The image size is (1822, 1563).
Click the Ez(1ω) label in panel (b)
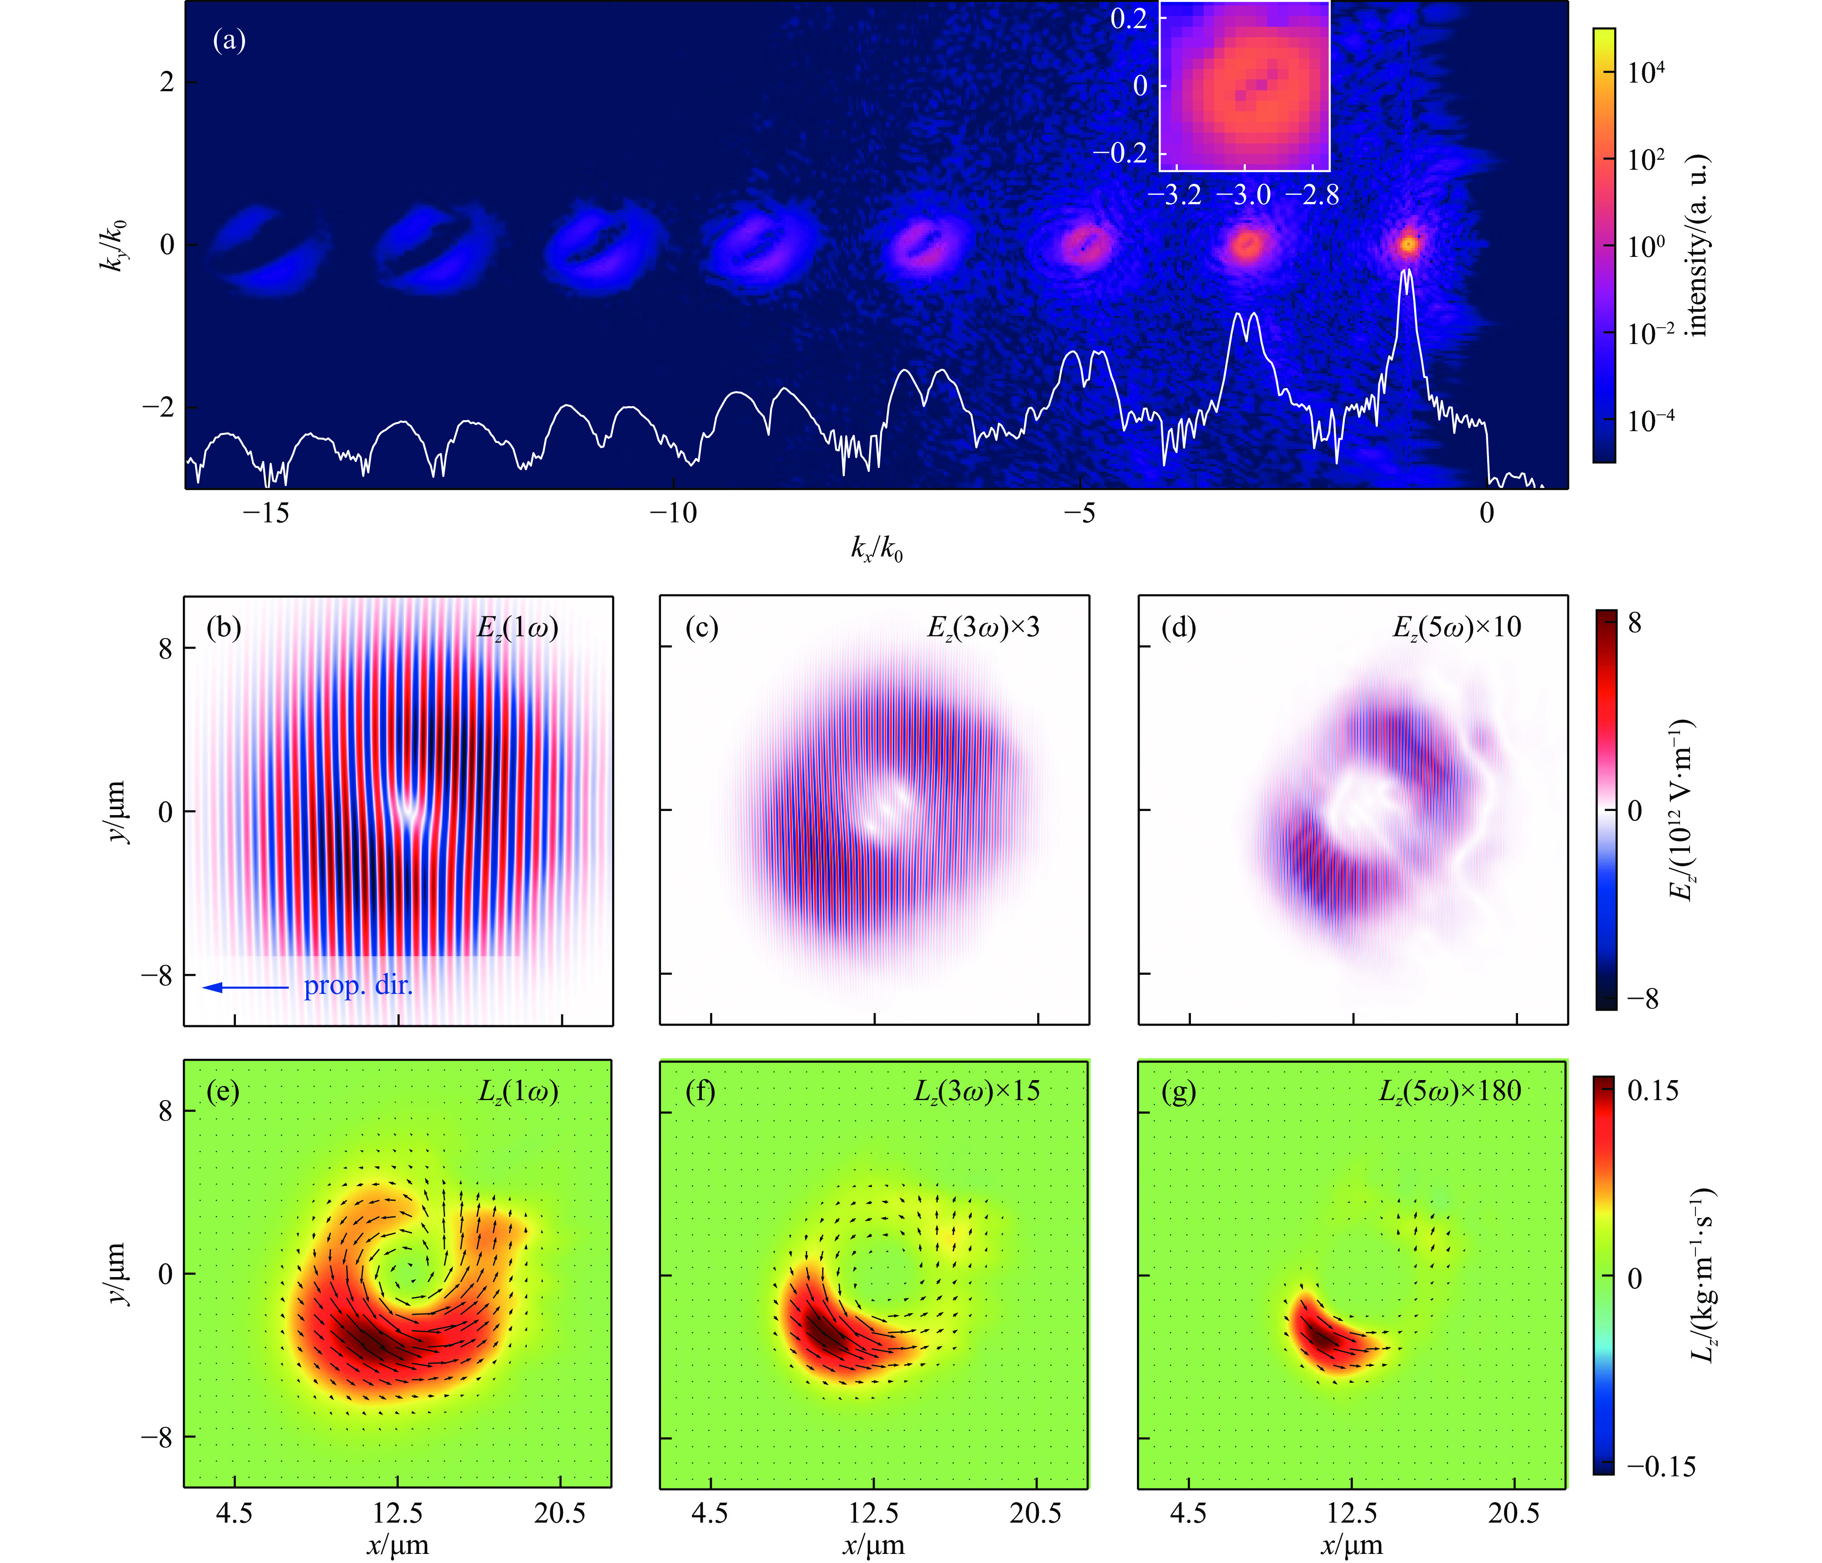click(x=517, y=628)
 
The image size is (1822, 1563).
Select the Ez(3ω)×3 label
click(x=983, y=628)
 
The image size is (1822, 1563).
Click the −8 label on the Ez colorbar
click(x=1642, y=999)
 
